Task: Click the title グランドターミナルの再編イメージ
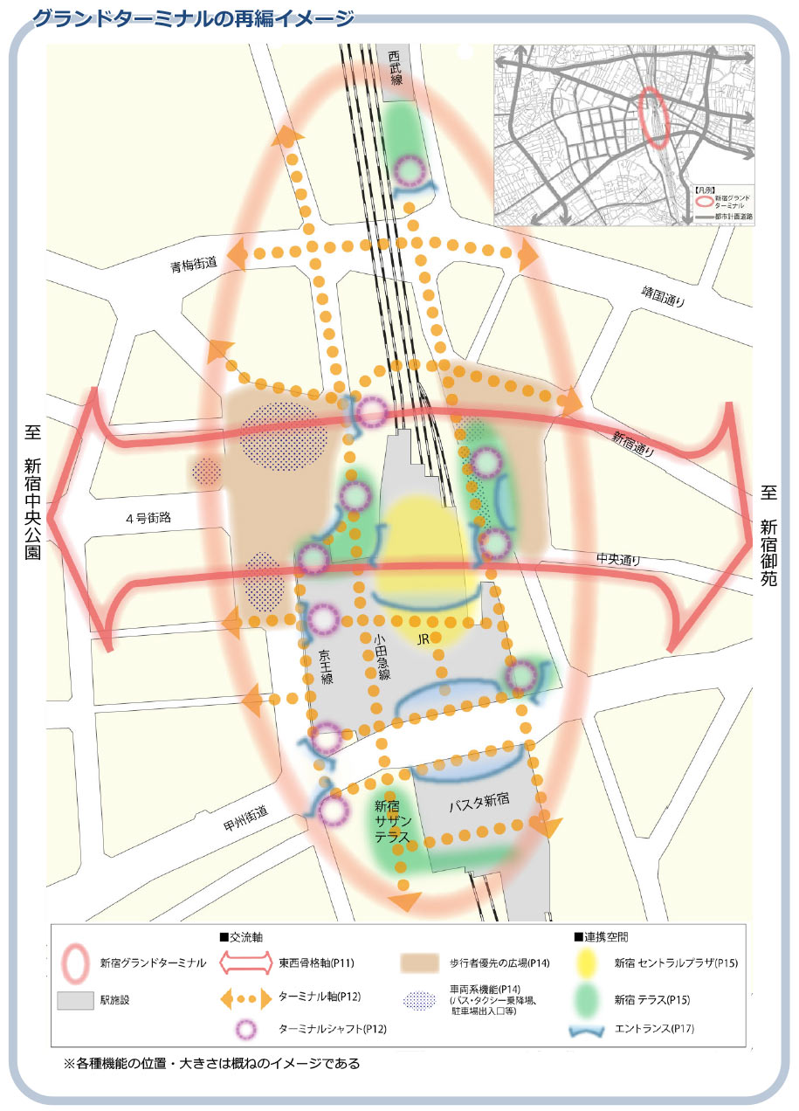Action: [x=193, y=18]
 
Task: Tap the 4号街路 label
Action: [x=148, y=518]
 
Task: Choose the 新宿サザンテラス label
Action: [x=392, y=822]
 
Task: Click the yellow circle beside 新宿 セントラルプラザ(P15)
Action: [x=590, y=963]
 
